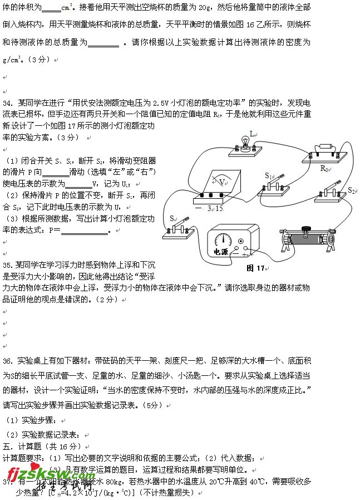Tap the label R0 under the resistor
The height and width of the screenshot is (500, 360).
point(326,168)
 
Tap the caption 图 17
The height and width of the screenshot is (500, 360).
point(256,268)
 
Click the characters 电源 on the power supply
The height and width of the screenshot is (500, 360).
point(221,252)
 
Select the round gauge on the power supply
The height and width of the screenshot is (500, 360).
point(224,238)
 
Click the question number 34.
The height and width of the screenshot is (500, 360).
point(8,104)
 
